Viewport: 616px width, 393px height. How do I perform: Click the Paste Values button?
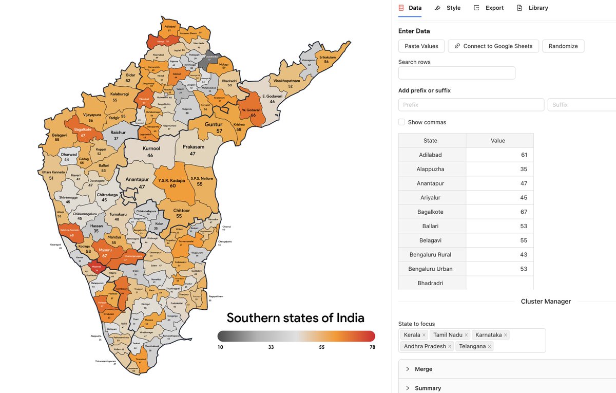click(421, 46)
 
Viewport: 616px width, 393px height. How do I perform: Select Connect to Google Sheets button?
click(493, 46)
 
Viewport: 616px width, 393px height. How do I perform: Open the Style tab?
click(448, 8)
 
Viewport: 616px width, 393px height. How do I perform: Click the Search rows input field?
click(456, 73)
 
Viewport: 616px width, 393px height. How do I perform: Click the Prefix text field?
click(471, 105)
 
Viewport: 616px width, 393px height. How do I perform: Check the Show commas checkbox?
click(402, 122)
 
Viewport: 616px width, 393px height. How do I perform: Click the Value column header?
click(497, 141)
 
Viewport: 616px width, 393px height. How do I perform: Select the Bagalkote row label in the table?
click(430, 212)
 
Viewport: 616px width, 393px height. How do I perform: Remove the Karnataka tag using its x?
click(506, 335)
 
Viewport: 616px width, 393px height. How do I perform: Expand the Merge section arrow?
click(408, 369)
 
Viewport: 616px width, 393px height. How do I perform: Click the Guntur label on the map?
click(214, 125)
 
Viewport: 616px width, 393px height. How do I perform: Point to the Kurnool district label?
click(151, 149)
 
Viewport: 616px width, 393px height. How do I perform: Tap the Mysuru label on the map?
click(105, 250)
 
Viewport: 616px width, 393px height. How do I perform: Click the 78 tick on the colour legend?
click(372, 347)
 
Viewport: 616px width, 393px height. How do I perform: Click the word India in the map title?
click(350, 318)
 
